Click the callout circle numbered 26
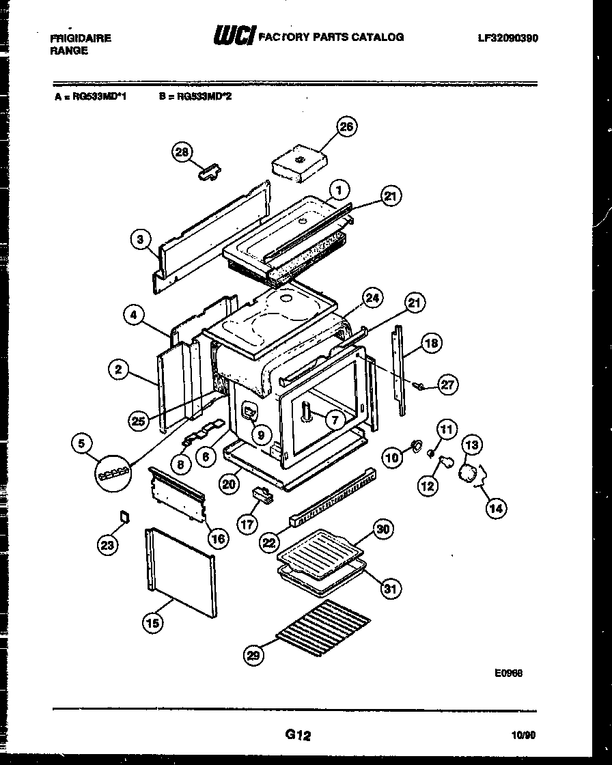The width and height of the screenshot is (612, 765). tap(347, 127)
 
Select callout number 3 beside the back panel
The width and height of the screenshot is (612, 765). tap(140, 239)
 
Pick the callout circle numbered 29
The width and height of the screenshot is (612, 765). tap(253, 656)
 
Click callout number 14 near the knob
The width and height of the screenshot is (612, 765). tap(496, 507)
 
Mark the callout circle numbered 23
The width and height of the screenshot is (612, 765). tap(107, 544)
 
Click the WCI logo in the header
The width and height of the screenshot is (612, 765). tap(234, 36)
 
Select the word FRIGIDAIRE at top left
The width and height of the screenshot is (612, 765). tap(81, 38)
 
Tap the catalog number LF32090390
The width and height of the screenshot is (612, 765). tap(507, 38)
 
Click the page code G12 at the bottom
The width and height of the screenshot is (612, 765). tap(298, 736)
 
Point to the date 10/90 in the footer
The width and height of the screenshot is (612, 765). tap(523, 736)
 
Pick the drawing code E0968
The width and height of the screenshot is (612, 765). tap(509, 673)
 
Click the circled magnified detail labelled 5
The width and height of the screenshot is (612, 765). tap(113, 472)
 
